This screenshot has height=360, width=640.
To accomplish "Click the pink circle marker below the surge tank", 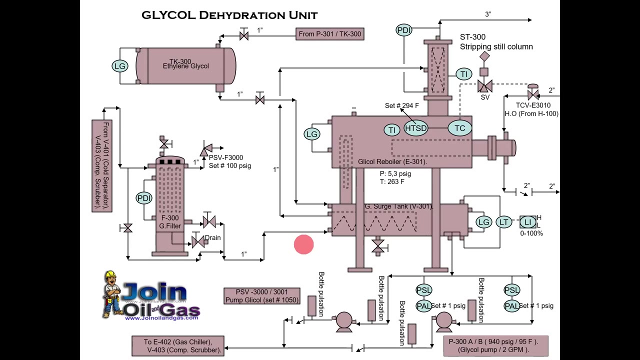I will click(x=304, y=245).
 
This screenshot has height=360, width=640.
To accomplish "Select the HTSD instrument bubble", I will click(x=416, y=128).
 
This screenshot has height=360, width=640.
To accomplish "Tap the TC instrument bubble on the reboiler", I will click(x=459, y=128).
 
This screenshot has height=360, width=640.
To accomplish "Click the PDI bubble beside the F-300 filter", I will click(x=144, y=198).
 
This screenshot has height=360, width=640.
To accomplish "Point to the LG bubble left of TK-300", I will click(x=120, y=65).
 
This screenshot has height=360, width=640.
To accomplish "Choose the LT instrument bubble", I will click(x=503, y=222).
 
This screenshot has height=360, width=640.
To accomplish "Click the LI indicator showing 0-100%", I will click(x=528, y=222).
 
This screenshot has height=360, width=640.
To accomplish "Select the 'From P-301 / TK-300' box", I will click(x=329, y=34).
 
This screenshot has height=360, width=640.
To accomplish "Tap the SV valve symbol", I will click(x=484, y=86).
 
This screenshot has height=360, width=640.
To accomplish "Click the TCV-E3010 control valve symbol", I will click(x=533, y=94).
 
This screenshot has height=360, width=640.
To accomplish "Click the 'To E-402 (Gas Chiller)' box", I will click(x=177, y=346).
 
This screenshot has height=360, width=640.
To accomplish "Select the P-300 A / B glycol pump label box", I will click(x=495, y=345).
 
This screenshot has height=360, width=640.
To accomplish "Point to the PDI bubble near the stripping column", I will click(x=404, y=30).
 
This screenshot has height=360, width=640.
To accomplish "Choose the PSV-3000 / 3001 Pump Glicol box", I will click(x=262, y=296).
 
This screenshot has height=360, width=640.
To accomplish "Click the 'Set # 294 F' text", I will click(x=401, y=105).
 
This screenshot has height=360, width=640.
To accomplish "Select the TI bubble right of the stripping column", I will click(x=464, y=74).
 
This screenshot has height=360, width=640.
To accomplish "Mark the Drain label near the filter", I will click(x=212, y=238).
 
